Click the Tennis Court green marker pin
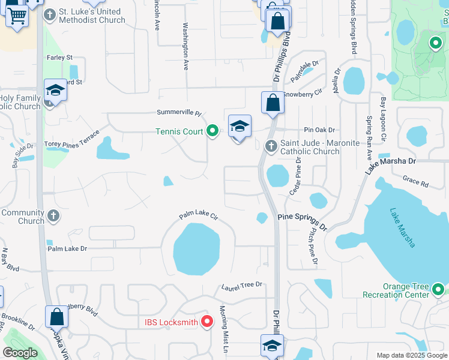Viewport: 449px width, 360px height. [212, 131]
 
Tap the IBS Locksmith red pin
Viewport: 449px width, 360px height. [207, 322]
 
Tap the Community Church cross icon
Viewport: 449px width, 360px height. [53, 215]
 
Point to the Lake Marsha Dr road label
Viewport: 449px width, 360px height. [391, 164]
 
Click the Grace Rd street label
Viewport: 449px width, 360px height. [415, 181]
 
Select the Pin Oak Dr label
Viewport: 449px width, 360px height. [319, 130]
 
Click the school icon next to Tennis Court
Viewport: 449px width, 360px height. [240, 127]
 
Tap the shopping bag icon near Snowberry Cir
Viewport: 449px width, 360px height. [273, 102]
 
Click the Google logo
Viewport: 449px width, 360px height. [20, 353]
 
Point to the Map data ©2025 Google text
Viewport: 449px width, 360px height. [412, 355]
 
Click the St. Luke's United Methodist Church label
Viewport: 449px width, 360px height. [92, 16]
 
